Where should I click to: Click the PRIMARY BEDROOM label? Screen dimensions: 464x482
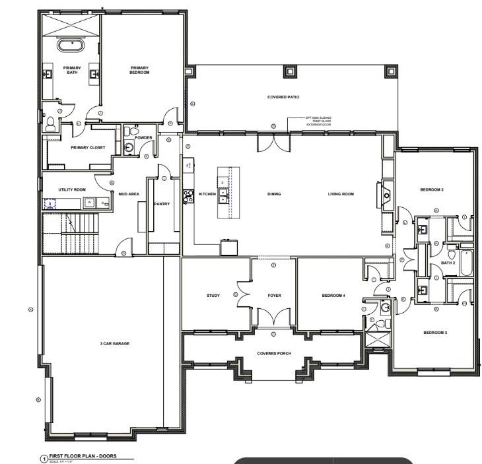click(140, 69)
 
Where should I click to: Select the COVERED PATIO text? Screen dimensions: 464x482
click(283, 97)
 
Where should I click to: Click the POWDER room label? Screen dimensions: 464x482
click(143, 138)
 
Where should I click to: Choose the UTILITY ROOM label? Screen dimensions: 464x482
click(72, 189)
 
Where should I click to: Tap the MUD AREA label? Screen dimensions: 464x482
click(128, 194)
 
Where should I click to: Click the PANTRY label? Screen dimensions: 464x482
click(162, 204)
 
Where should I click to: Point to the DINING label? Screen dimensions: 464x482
click(274, 194)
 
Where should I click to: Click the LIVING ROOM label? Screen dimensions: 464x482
click(341, 194)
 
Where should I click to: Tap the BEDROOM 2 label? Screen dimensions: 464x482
click(432, 190)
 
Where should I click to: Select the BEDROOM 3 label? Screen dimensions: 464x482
click(435, 332)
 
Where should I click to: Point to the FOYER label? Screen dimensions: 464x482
click(274, 296)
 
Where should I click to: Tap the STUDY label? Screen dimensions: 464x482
click(213, 296)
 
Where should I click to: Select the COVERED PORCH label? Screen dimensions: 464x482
click(274, 353)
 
